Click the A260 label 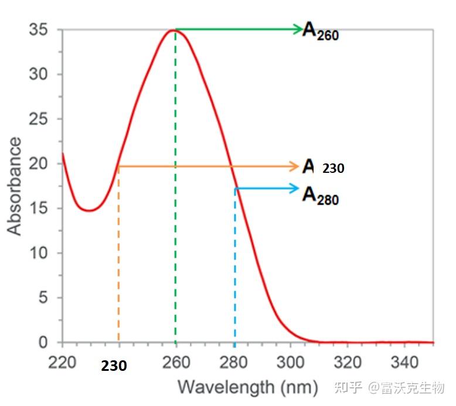click(320, 30)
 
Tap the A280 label click(320, 195)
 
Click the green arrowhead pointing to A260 click(298, 29)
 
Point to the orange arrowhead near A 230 click(295, 167)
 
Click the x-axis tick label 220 click(62, 363)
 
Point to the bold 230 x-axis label click(114, 366)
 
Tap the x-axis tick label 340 click(405, 363)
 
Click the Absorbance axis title click(14, 186)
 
